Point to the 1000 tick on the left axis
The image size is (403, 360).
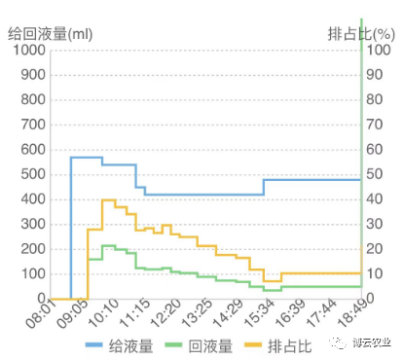pyautogui.click(x=27, y=50)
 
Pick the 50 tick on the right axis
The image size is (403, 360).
pyautogui.click(x=375, y=174)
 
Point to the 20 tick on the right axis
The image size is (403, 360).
pyautogui.click(x=375, y=249)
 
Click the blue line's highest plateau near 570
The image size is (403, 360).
pyautogui.click(x=86, y=157)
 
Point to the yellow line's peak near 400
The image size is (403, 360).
pyautogui.click(x=108, y=200)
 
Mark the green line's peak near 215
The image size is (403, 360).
pyautogui.click(x=108, y=245)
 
